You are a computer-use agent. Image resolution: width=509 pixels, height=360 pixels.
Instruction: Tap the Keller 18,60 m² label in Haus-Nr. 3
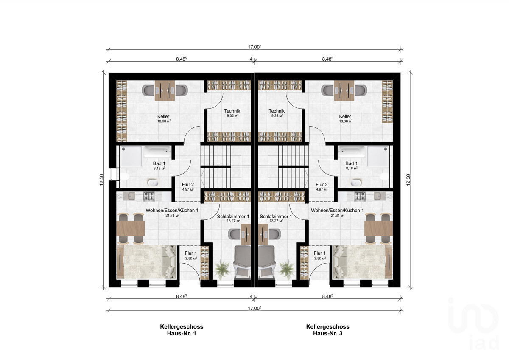[x=345, y=119]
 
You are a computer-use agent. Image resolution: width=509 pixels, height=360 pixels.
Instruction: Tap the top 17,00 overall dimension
[x=255, y=47]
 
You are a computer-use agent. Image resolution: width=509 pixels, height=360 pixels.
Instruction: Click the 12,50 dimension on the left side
[x=101, y=180]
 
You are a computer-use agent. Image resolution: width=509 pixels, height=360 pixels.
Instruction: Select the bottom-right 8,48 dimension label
[x=327, y=296]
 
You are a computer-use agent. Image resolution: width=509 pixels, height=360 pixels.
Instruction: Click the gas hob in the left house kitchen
[x=149, y=197]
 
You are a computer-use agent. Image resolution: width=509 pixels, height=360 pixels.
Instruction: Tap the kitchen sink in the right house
[x=378, y=196]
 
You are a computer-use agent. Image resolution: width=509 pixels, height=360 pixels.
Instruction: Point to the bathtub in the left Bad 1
[x=157, y=152]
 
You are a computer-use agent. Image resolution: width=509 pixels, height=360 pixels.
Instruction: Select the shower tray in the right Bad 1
[x=378, y=156]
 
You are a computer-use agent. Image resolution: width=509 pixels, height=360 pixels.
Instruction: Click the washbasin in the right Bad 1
[x=356, y=183]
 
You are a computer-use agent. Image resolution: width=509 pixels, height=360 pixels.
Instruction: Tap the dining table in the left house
[x=131, y=228]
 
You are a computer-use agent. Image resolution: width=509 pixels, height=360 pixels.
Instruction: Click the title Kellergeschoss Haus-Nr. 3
[x=327, y=330]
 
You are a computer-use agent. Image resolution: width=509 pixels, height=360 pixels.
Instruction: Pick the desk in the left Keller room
[x=165, y=90]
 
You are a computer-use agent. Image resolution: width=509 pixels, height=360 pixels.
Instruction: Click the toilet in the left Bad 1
[x=124, y=177]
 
